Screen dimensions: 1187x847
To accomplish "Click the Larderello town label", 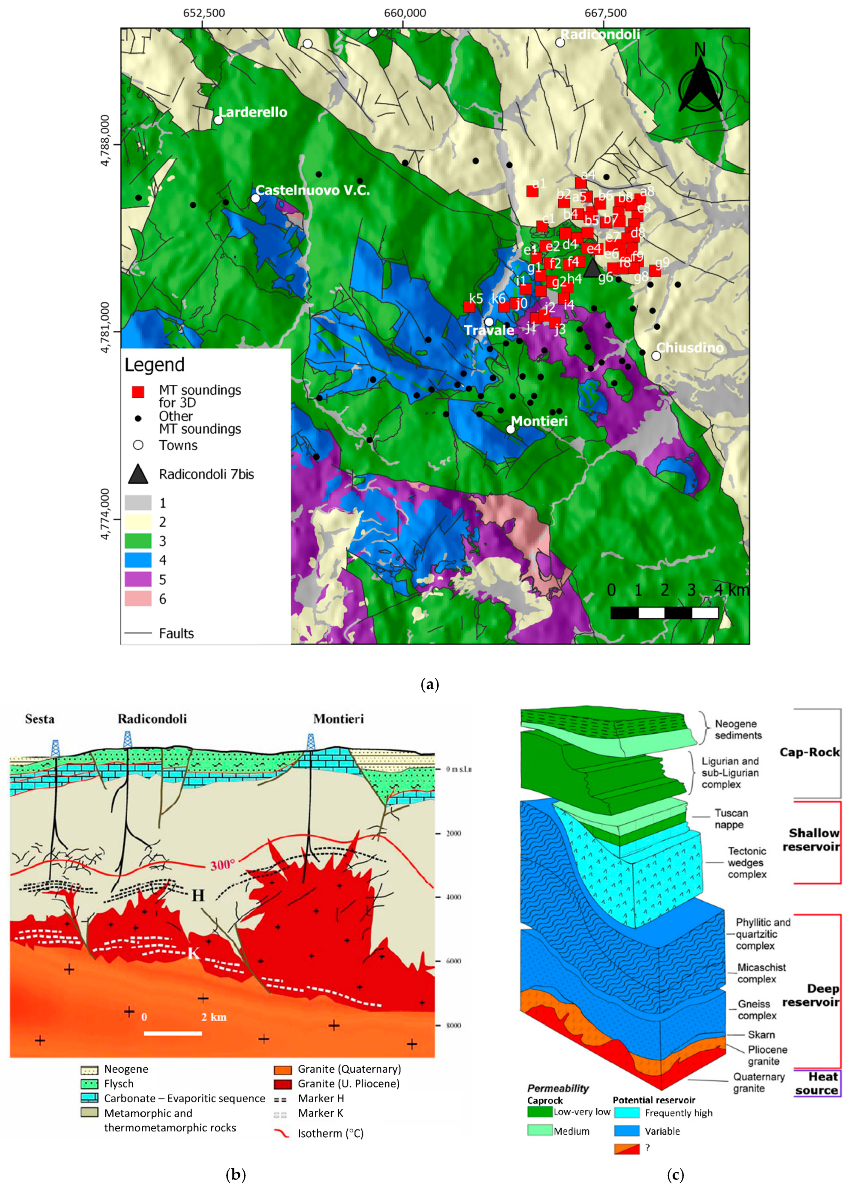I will [253, 112].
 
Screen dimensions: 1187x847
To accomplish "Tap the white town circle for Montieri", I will [510, 429].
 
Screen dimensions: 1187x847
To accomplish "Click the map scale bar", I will [664, 613].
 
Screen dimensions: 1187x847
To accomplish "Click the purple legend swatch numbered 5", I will [138, 579].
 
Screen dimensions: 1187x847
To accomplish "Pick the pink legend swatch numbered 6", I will [138, 599].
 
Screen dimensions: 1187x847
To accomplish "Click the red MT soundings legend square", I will [138, 392].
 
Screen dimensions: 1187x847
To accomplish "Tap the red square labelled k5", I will [469, 307].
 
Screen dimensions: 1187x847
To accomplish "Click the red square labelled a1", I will [532, 191].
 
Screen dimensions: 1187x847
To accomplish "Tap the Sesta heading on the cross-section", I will [39, 719].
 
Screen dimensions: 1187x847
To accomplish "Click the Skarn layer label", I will [761, 1034].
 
